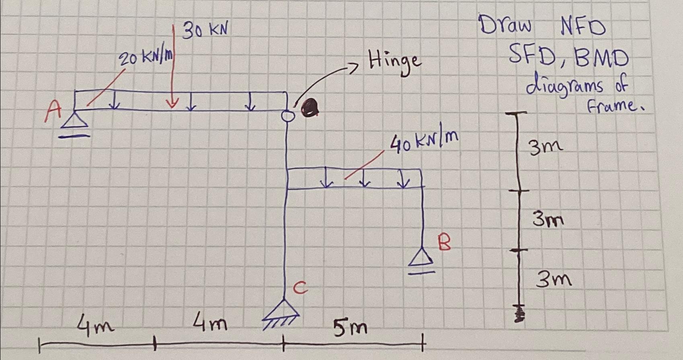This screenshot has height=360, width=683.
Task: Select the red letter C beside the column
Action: click(x=300, y=288)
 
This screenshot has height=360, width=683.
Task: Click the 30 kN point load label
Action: click(x=205, y=31)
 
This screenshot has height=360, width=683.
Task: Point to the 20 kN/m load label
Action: click(x=146, y=58)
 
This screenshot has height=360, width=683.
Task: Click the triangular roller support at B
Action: click(x=422, y=258)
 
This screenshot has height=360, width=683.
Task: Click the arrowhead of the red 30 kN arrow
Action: click(x=172, y=104)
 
